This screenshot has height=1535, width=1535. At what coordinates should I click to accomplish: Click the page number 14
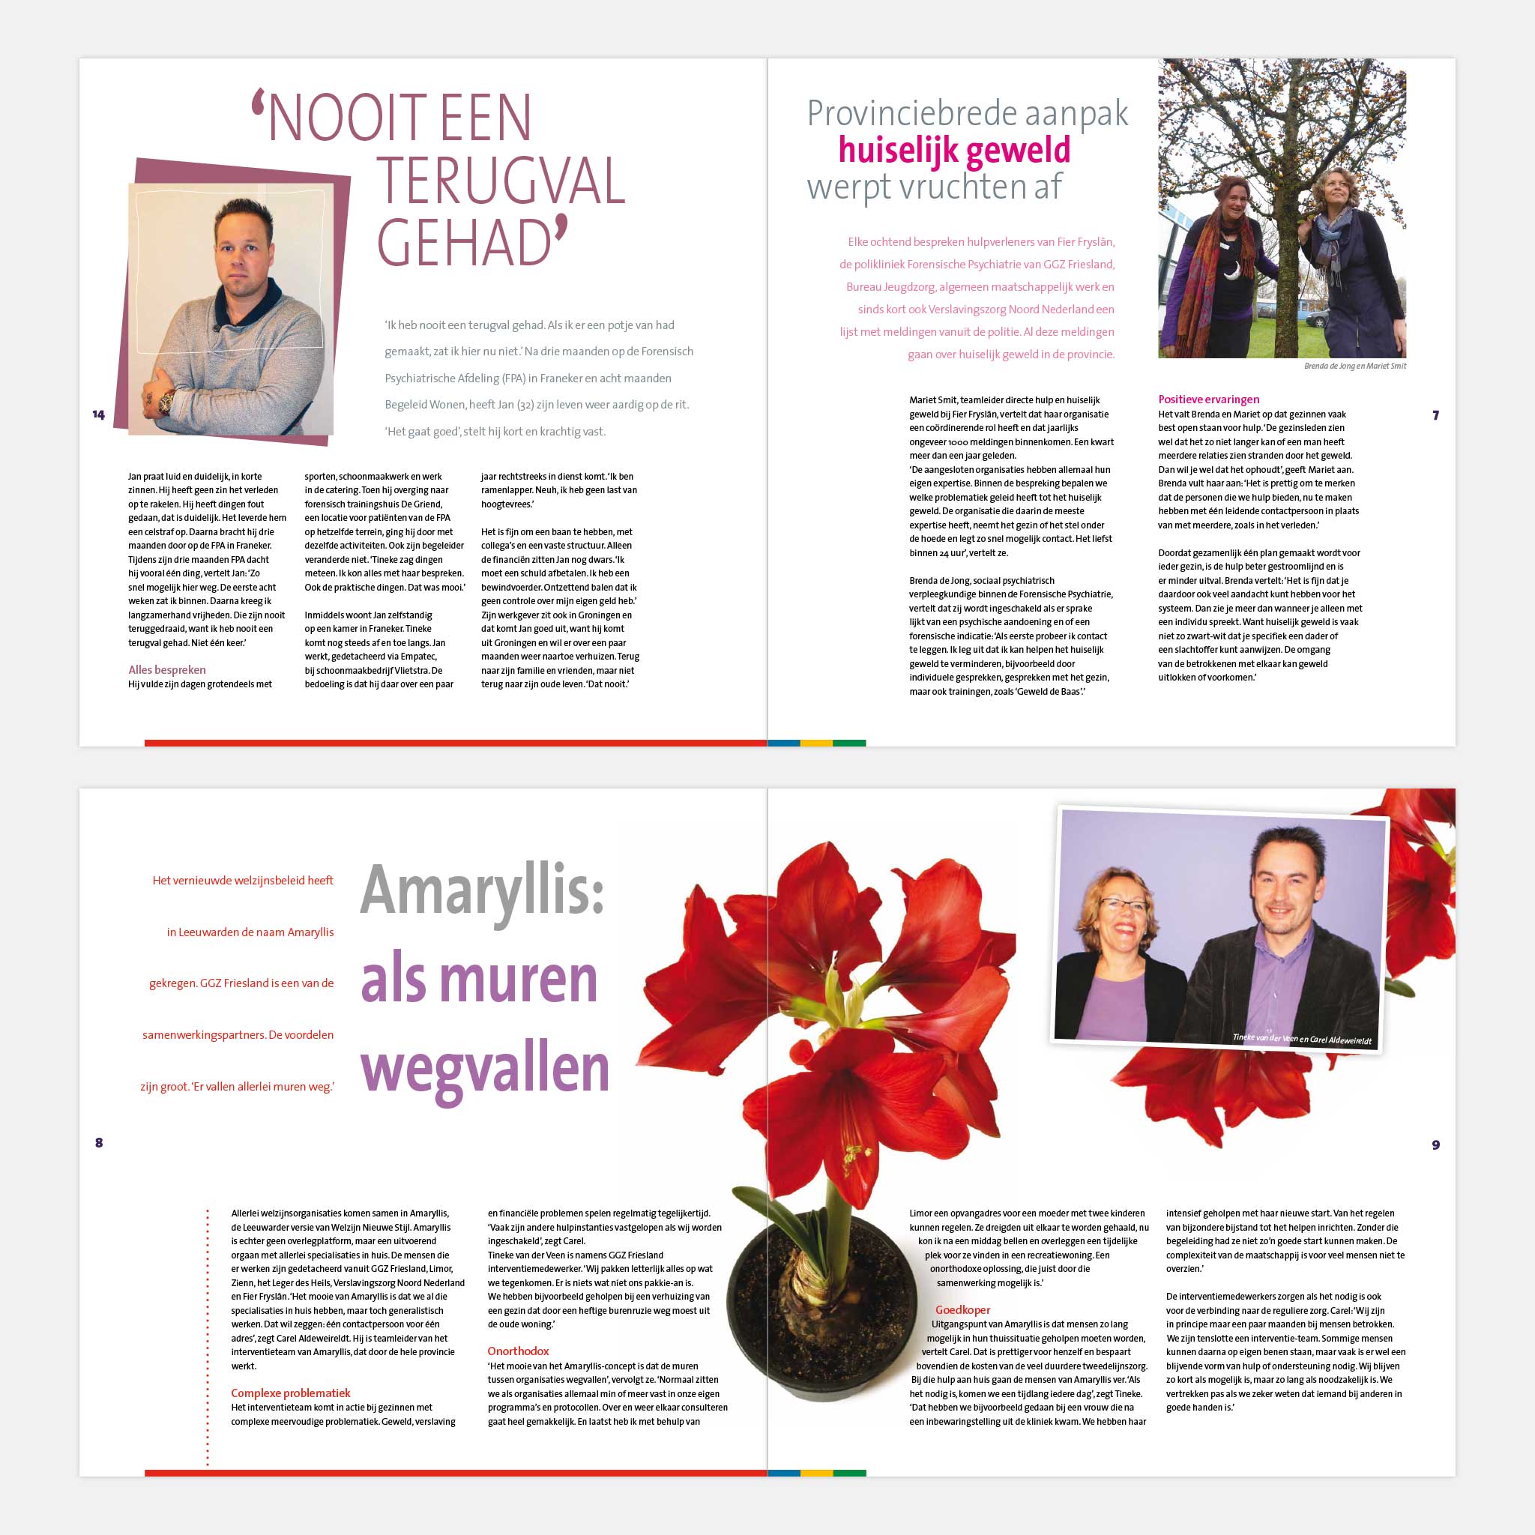point(98,414)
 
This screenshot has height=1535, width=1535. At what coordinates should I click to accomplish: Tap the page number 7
point(1435,415)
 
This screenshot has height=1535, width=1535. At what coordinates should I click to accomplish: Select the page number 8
point(98,1142)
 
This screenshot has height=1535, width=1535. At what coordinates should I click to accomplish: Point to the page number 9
point(1435,1145)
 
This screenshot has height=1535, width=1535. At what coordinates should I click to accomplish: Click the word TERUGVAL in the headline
point(501,182)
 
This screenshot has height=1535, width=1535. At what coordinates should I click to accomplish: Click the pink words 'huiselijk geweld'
point(954,150)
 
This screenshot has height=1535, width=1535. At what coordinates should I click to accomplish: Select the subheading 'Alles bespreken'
point(167,670)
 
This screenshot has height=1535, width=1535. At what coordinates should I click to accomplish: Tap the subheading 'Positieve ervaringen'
point(1208,399)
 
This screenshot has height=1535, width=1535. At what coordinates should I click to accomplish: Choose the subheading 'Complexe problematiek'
point(290,1393)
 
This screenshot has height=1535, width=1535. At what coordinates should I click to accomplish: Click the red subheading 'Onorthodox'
point(518,1351)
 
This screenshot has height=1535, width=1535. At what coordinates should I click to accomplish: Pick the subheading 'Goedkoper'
point(962,1309)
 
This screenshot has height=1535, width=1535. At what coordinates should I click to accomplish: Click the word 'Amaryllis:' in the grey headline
point(482,890)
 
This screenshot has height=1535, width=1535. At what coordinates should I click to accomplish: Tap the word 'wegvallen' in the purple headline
point(485,1069)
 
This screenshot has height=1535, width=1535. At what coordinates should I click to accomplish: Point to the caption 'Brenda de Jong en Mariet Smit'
point(1354,367)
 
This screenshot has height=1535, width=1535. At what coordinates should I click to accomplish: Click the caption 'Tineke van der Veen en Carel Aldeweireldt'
point(1301,1040)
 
